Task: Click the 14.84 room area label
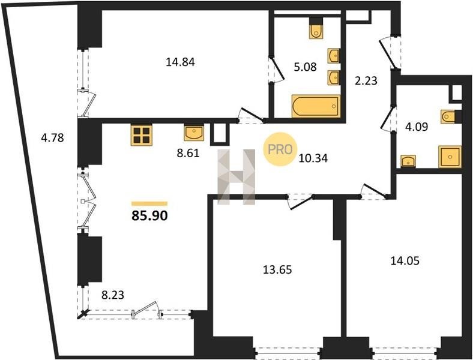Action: [181, 62]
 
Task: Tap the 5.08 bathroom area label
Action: [306, 67]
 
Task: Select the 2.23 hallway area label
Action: [366, 81]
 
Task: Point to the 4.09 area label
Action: [417, 127]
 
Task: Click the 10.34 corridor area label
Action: [313, 158]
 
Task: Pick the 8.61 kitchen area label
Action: [188, 153]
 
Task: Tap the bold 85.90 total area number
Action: [149, 216]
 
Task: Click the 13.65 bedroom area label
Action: [277, 269]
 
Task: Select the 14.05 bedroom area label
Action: [405, 260]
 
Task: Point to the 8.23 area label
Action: [112, 295]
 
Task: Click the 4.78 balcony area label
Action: [52, 138]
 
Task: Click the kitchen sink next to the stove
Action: [194, 133]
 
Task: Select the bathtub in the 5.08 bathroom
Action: [316, 106]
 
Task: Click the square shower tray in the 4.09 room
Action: [450, 157]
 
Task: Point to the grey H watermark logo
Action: [237, 177]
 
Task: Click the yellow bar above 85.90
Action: [149, 203]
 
